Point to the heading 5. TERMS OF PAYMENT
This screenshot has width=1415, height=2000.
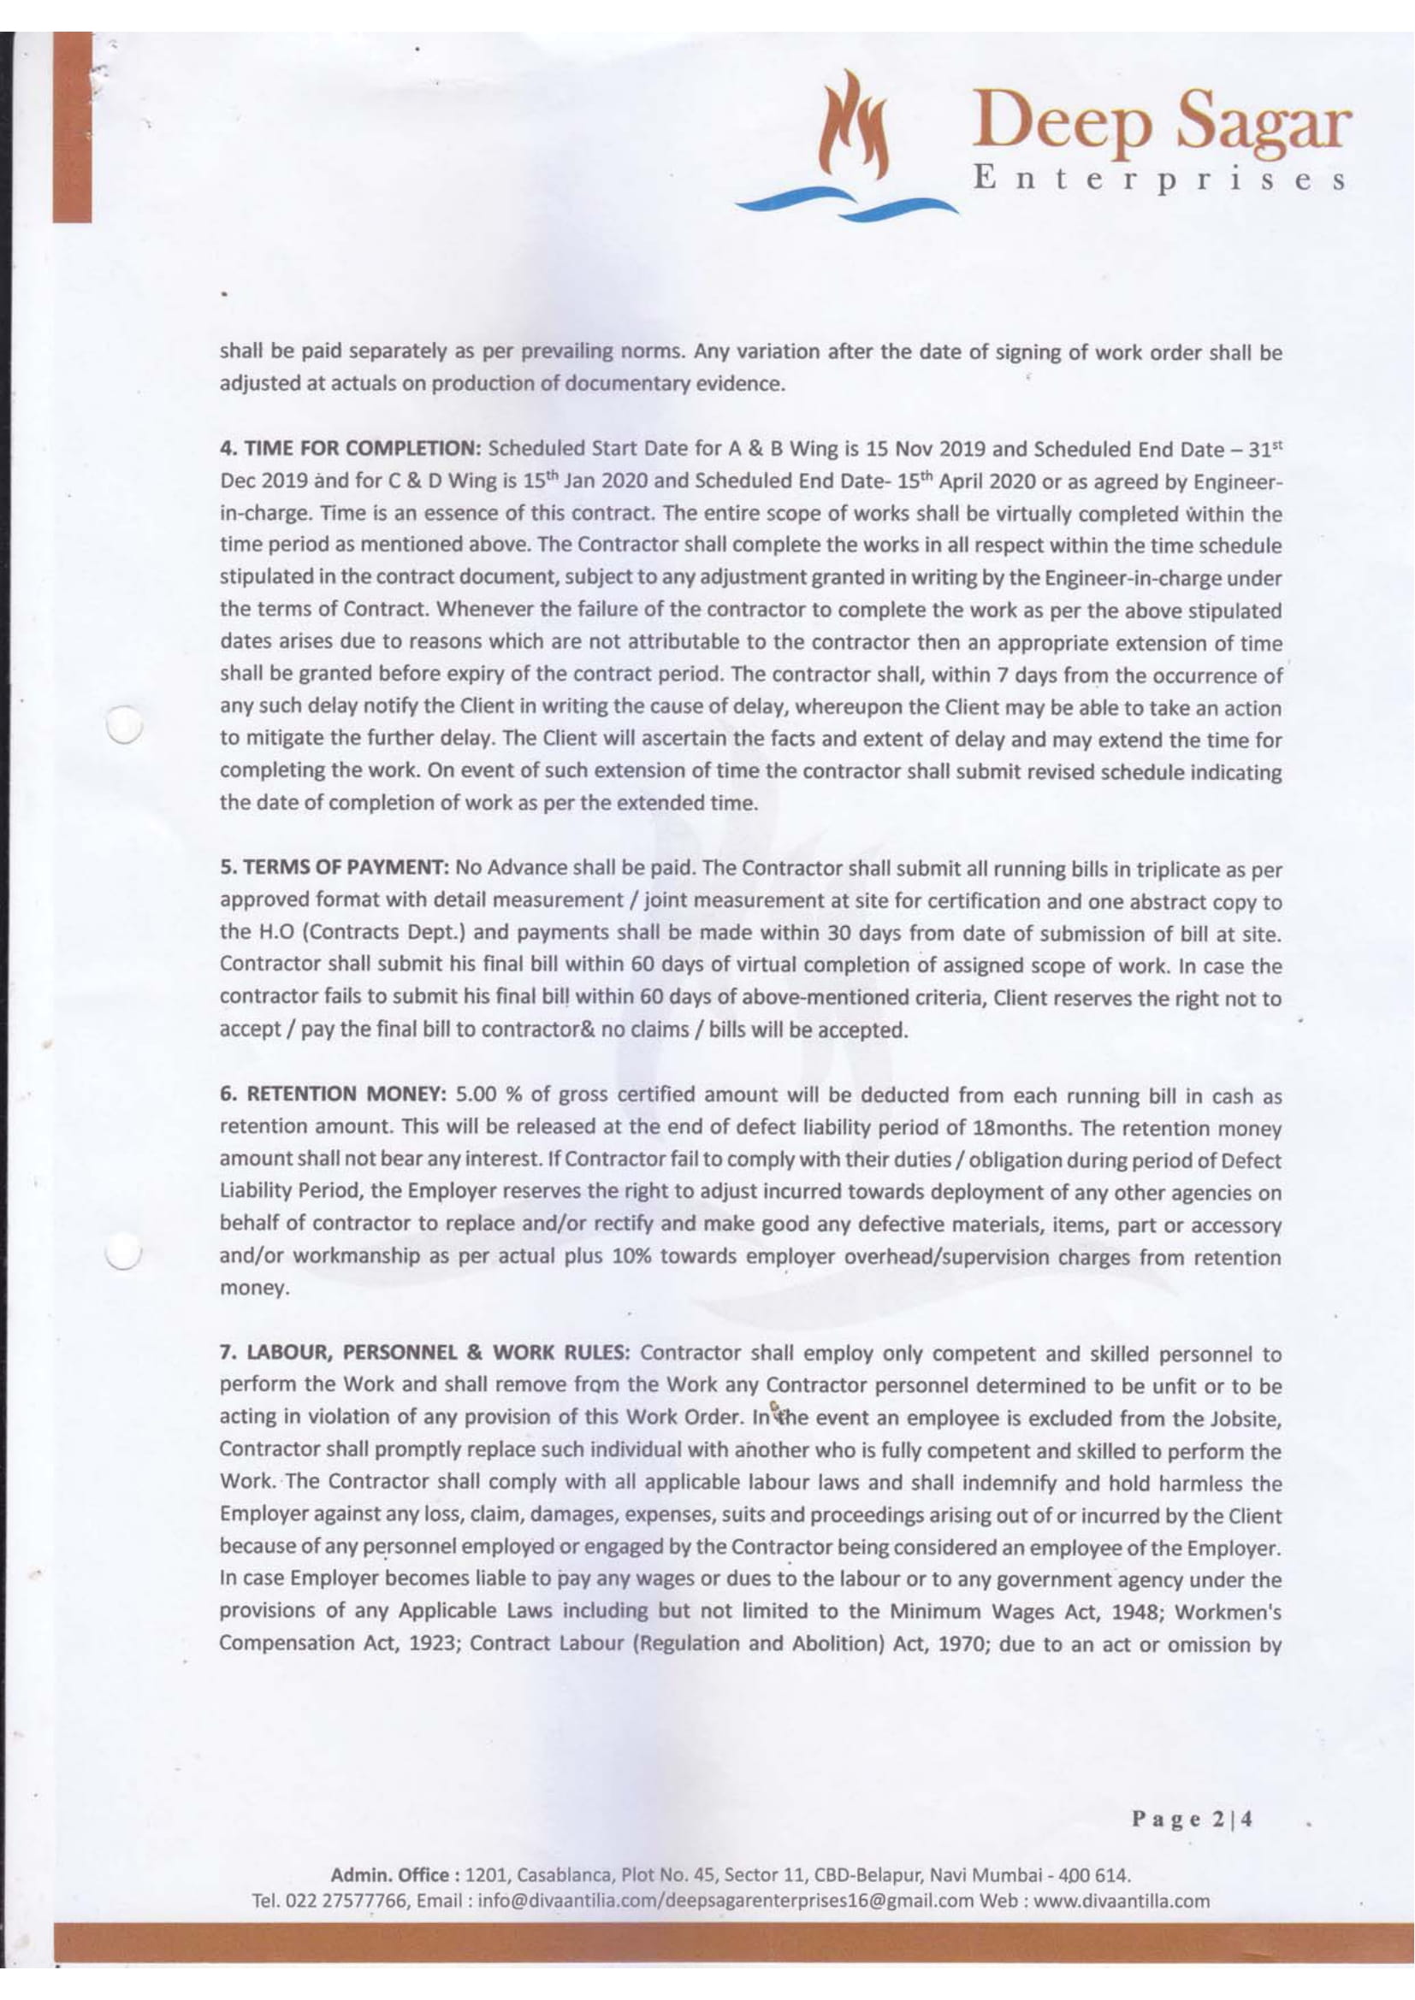335,869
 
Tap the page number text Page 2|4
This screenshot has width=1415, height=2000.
1192,1820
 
